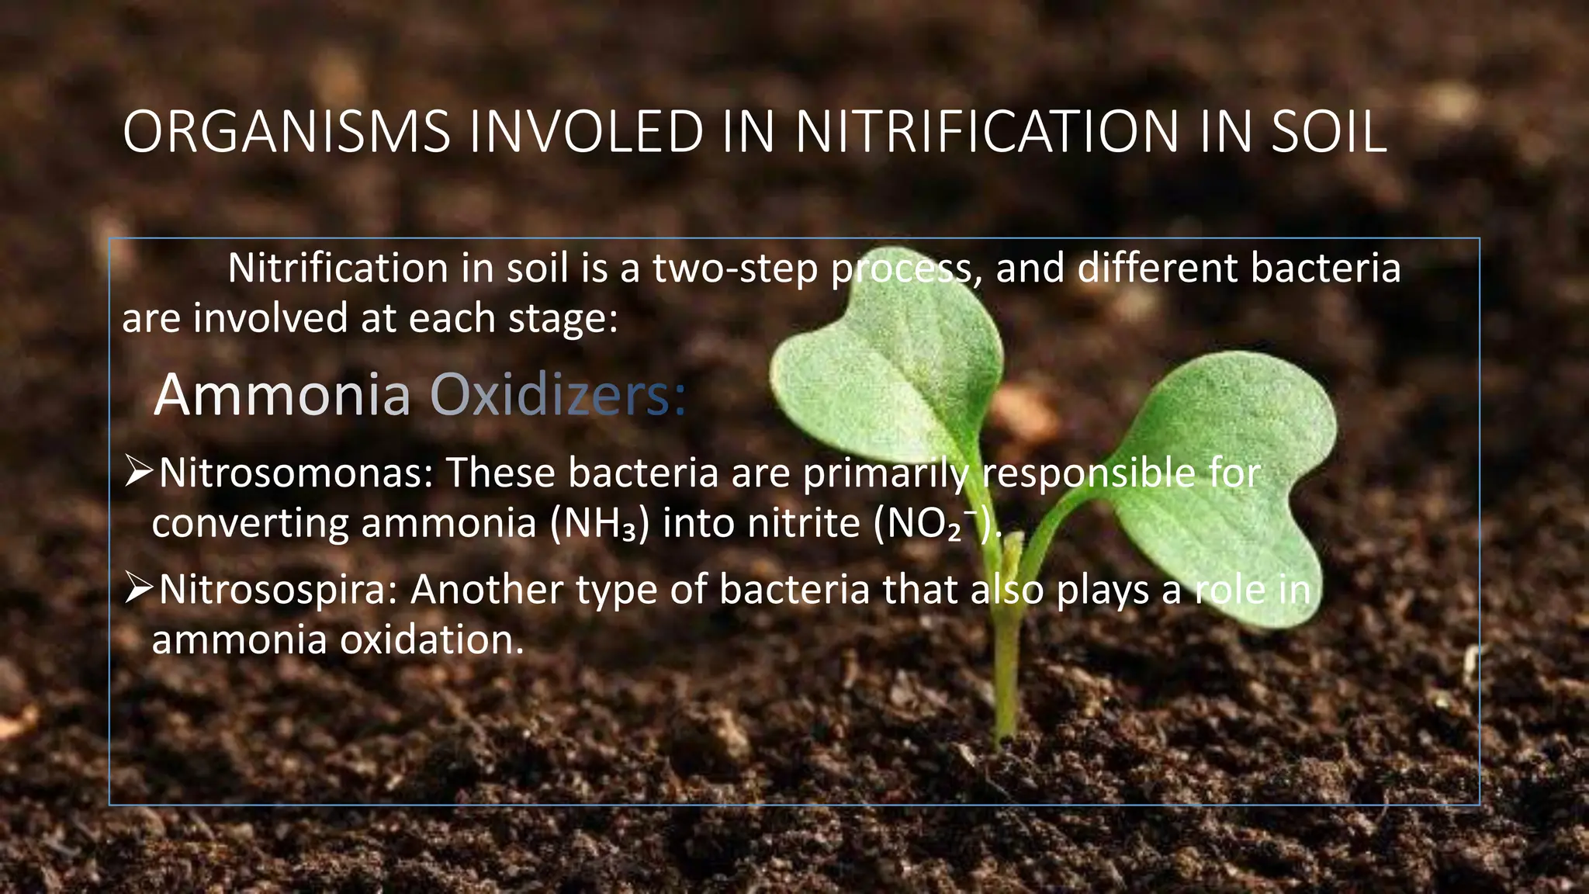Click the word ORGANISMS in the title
click(x=286, y=132)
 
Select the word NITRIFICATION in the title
click(x=986, y=132)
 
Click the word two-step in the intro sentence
click(x=735, y=269)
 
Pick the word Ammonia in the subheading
click(x=282, y=395)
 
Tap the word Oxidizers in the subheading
click(x=558, y=395)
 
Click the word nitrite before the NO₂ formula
click(x=804, y=524)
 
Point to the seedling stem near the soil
click(x=1006, y=698)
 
